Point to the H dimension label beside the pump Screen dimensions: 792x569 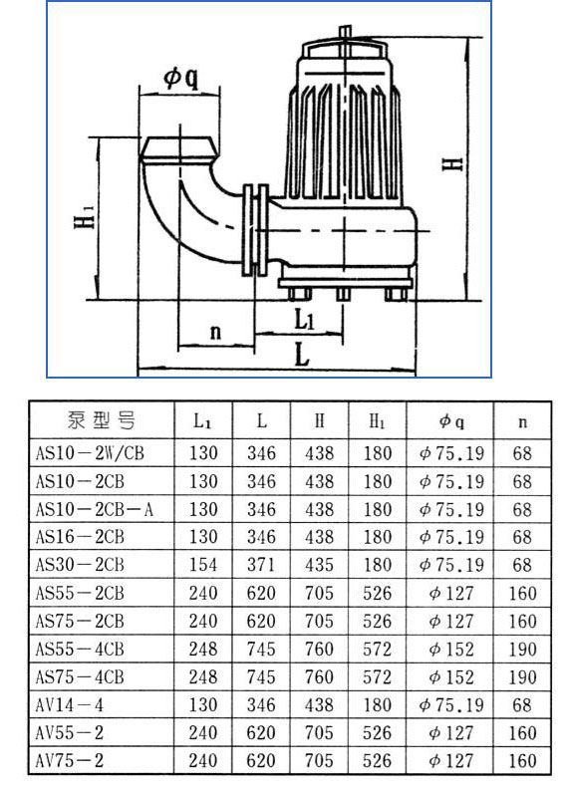coord(453,160)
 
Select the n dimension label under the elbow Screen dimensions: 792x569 coord(215,331)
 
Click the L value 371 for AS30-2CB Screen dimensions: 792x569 coord(262,565)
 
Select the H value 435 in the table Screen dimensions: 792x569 coord(320,565)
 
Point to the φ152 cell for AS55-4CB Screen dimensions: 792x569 coord(450,650)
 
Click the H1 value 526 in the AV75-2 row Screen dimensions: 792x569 coord(378,761)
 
